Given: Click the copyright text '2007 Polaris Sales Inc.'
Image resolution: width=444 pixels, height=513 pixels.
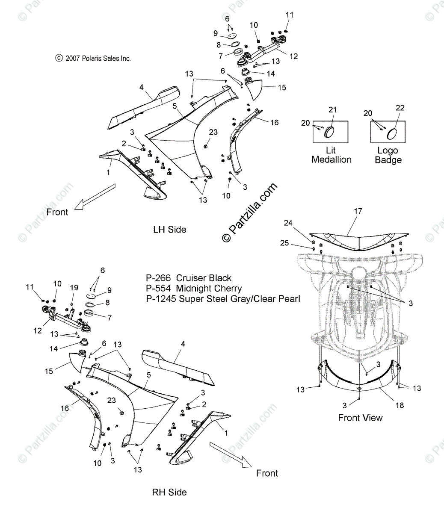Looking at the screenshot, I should coord(93,58).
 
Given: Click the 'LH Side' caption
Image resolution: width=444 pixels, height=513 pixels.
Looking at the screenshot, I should coord(170,230).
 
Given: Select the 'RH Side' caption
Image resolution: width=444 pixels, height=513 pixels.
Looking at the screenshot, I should coord(169,492).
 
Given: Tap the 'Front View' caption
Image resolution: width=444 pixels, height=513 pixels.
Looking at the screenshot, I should coord(360,418).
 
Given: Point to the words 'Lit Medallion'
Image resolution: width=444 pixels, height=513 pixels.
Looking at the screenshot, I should coord(332,155).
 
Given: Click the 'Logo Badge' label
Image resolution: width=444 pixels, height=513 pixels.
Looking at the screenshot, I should coord(388,155).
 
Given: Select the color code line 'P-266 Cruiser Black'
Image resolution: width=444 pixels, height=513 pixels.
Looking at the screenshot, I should coord(189,278).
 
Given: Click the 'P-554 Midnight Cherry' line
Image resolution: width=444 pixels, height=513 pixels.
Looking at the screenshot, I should coord(194,289).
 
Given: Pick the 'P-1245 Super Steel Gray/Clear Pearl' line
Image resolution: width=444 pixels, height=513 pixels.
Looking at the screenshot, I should coord(223,299).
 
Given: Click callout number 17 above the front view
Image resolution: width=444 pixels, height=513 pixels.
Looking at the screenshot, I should coord(358,211).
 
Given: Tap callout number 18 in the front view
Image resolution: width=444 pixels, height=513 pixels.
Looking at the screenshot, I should coord(400,405).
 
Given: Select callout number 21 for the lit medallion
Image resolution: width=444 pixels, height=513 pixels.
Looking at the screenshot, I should coord(332,110).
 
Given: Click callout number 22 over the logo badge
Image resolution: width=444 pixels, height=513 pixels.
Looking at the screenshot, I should coord(400,108).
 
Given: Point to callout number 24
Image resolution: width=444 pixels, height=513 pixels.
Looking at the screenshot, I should coord(288,223).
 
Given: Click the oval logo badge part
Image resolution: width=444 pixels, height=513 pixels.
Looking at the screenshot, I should coord(392,133).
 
